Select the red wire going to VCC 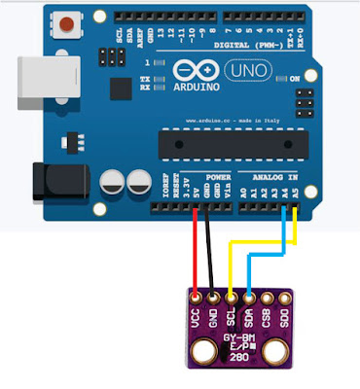click(x=197, y=253)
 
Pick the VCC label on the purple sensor click(x=197, y=317)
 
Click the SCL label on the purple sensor click(x=231, y=317)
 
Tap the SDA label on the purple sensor click(x=248, y=317)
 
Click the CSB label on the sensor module click(x=266, y=317)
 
